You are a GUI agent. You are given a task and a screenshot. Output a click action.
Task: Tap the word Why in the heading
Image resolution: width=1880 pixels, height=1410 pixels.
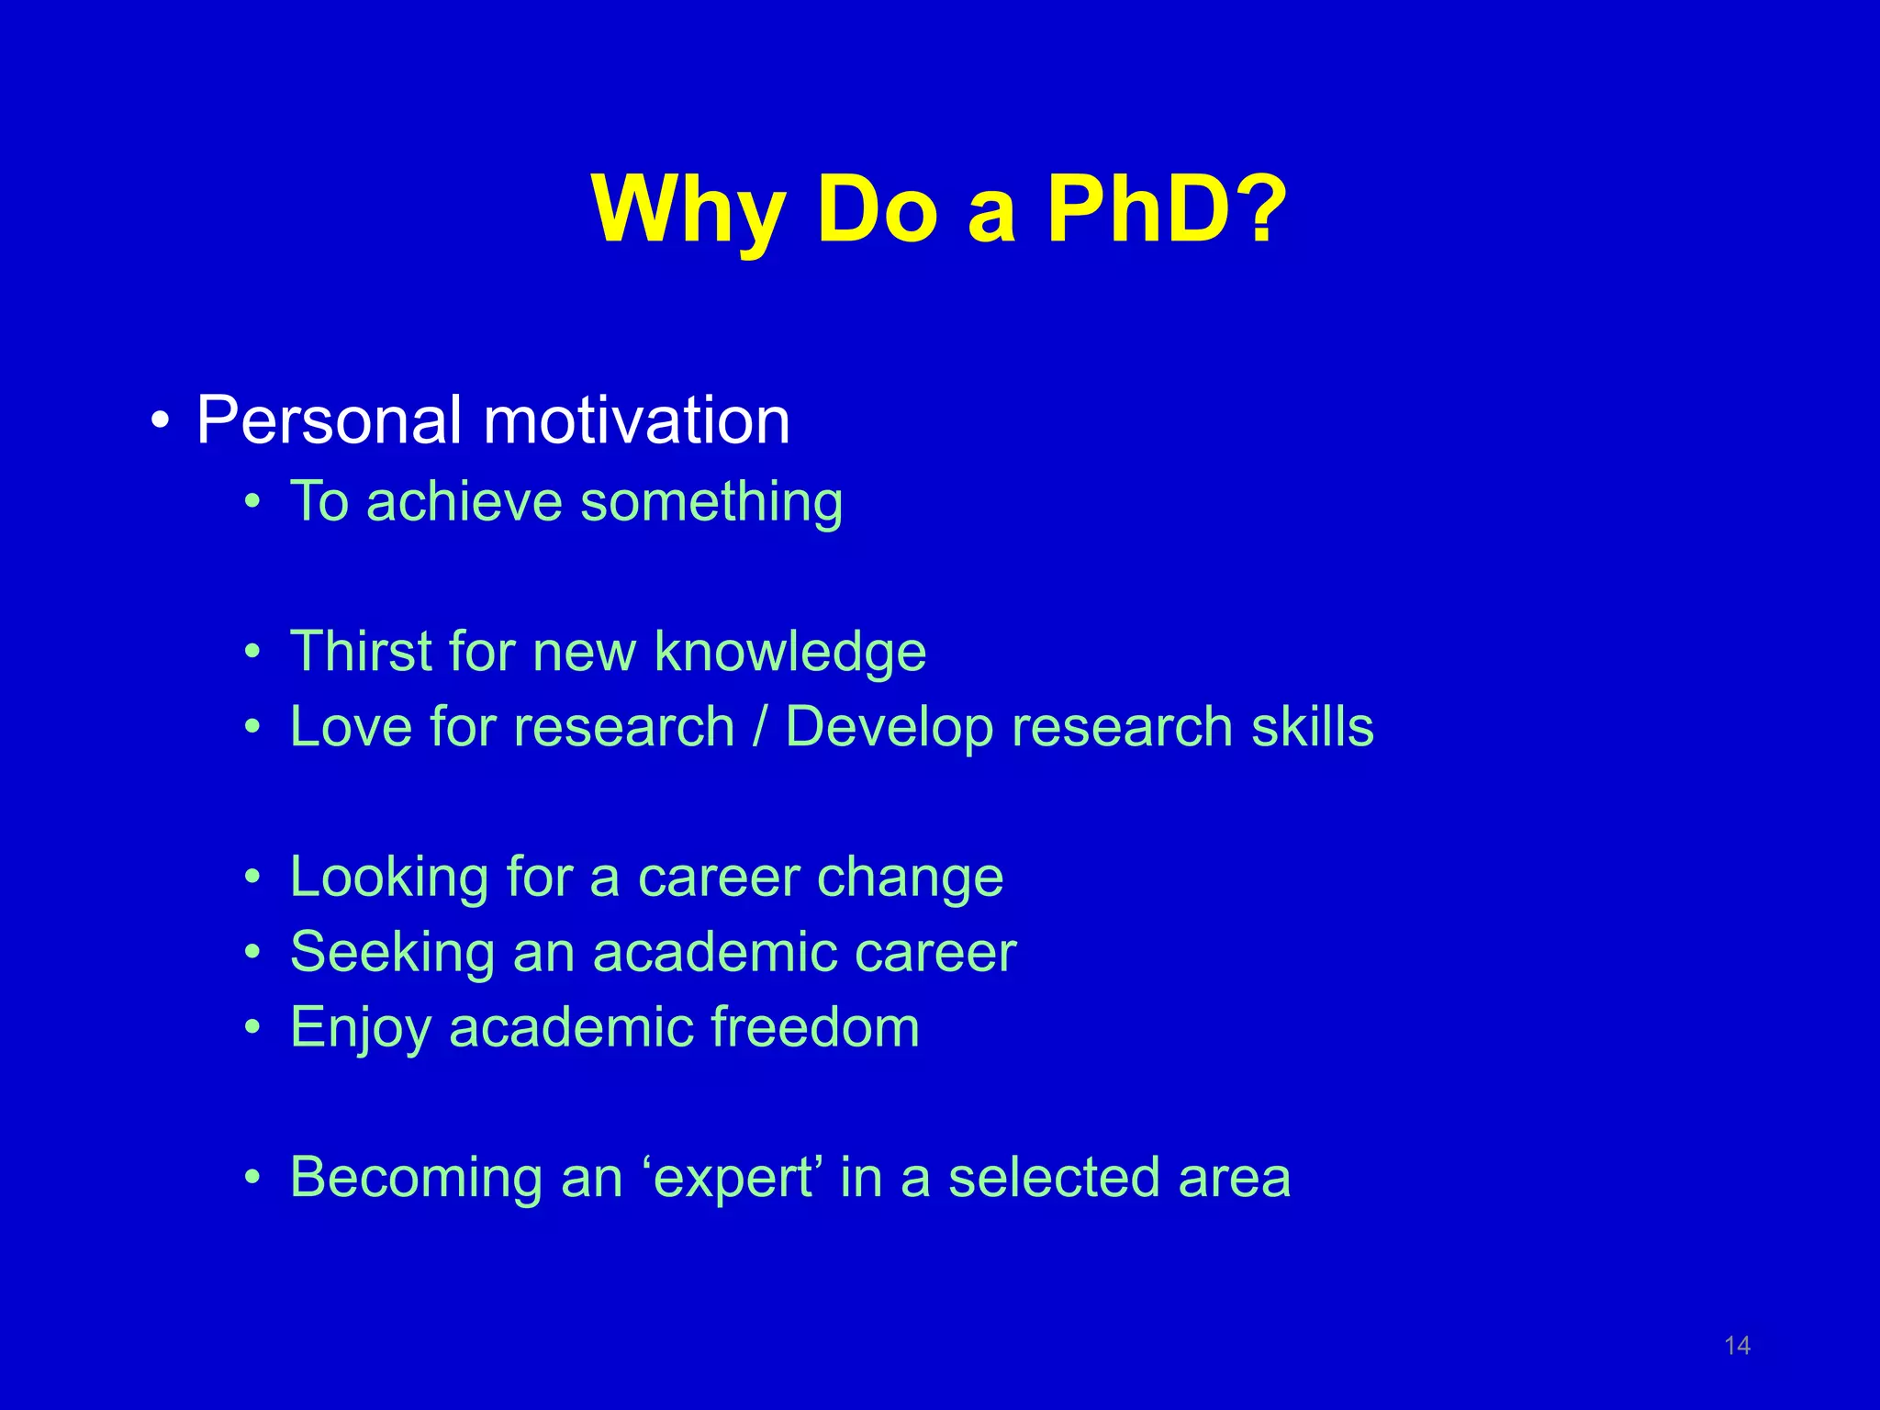[x=688, y=211]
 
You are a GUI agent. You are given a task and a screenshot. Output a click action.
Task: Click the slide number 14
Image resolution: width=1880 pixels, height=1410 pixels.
[x=1737, y=1346]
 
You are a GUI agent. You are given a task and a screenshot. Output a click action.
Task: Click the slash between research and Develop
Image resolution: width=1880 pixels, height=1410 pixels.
[x=759, y=727]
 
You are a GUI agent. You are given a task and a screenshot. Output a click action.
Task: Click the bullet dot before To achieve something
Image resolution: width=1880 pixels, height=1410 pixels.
[x=253, y=503]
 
